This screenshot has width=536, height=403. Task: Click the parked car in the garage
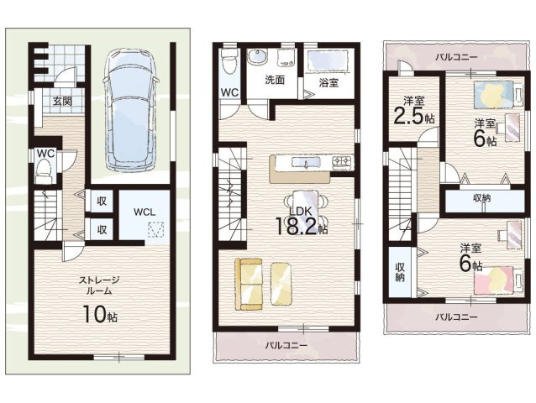tap(131, 109)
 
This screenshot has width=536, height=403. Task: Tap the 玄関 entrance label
tap(62, 102)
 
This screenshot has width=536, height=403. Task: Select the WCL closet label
tap(145, 212)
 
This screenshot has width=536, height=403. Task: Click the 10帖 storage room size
tap(100, 314)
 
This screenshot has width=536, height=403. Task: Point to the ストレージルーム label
tap(99, 285)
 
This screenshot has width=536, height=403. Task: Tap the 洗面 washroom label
tap(275, 80)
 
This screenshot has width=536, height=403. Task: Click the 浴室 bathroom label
tap(328, 82)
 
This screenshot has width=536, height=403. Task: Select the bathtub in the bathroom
tap(328, 61)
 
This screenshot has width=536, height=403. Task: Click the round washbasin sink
tap(258, 56)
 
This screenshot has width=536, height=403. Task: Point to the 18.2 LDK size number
tap(296, 226)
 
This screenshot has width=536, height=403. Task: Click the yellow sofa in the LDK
tap(249, 284)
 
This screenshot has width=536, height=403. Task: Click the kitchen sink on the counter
tap(306, 163)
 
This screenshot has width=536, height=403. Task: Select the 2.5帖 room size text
tap(414, 116)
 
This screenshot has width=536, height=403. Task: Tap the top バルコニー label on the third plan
tap(456, 57)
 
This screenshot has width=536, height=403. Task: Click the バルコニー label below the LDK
tap(286, 346)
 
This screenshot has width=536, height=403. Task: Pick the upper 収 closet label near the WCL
tap(102, 201)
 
